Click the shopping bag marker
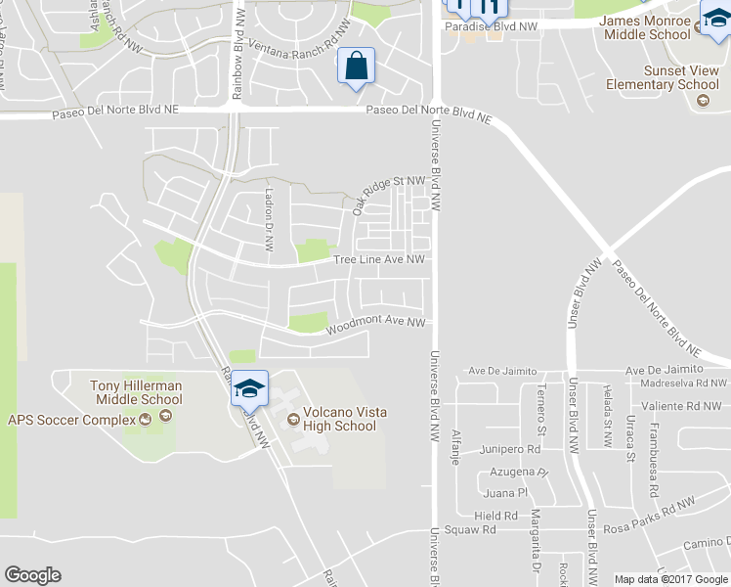pos(356,68)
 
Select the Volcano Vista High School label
pos(339,419)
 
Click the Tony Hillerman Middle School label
pos(136,392)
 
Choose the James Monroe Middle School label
pos(646,26)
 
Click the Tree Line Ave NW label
pos(379,260)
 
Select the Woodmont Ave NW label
pos(376,323)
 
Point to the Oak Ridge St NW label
pos(389,191)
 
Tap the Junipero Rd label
pos(510,450)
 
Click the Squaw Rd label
pos(471,529)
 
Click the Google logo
pos(32,575)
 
